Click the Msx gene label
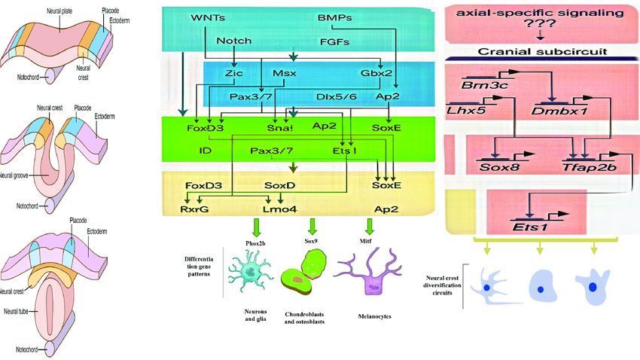point(285,74)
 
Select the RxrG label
point(194,209)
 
